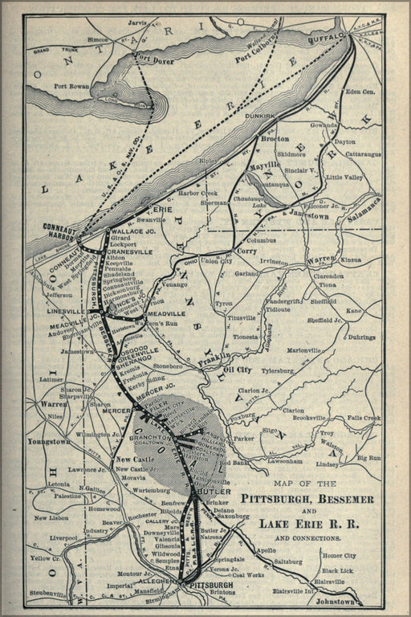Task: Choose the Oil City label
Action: [x=238, y=370]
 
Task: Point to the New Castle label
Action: [x=129, y=459]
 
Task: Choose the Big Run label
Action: [x=368, y=457]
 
